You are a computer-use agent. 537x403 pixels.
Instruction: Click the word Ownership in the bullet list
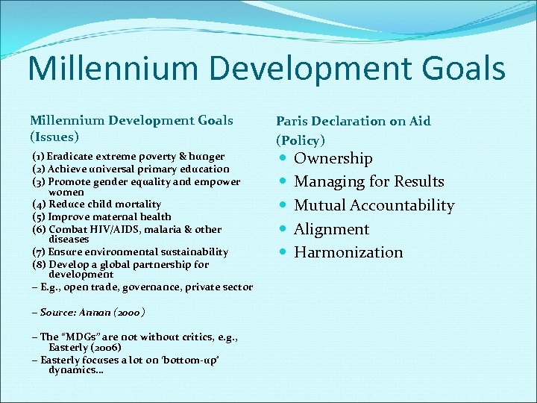click(333, 158)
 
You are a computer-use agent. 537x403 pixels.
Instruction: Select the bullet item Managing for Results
click(369, 181)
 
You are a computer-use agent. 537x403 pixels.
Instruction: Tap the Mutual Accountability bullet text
click(374, 205)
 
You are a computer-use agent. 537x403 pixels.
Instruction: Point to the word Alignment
click(332, 229)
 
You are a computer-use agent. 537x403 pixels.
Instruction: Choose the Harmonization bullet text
click(348, 252)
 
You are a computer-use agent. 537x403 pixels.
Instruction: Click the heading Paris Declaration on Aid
click(353, 121)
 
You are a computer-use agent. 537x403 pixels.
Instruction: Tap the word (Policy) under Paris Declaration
click(301, 140)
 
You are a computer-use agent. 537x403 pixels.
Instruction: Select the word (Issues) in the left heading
click(54, 137)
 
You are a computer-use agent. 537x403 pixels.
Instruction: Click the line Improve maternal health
click(110, 216)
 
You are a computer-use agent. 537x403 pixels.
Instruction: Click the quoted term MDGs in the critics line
click(75, 337)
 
